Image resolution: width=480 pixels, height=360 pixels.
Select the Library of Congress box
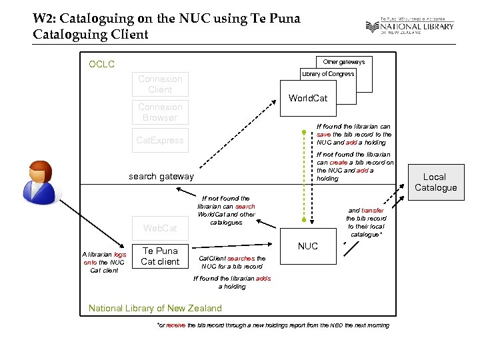tap(327, 74)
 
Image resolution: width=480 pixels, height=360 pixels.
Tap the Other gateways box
tap(343, 62)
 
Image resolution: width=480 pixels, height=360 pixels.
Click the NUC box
tap(307, 246)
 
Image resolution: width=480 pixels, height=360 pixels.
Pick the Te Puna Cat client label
tap(160, 256)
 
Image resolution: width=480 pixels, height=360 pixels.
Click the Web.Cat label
tap(160, 228)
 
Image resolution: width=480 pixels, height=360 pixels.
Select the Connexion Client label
tap(160, 84)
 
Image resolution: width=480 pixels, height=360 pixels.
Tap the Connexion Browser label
tap(160, 112)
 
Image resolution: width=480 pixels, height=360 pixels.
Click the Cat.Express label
tap(160, 140)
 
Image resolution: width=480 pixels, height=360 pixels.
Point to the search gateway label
tap(161, 176)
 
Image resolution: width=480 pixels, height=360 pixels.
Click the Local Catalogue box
tap(435, 182)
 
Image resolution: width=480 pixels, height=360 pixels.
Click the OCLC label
tap(102, 65)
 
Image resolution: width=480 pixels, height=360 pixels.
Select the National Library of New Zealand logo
tap(409, 27)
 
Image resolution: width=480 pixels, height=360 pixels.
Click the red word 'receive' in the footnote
tap(175, 325)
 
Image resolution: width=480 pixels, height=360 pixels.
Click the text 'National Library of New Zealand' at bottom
tap(155, 308)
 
